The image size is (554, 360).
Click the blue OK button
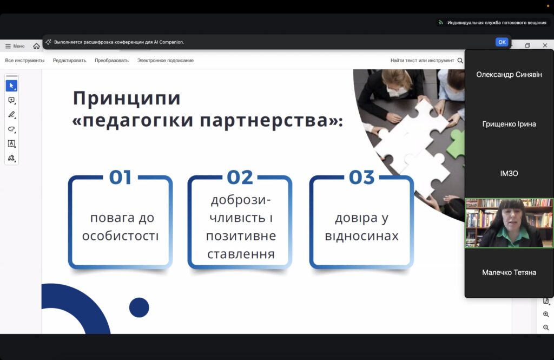pyautogui.click(x=502, y=42)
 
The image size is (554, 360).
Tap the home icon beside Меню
pyautogui.click(x=36, y=46)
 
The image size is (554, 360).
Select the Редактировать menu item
pyautogui.click(x=70, y=61)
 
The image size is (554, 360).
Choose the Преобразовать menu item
pyautogui.click(x=111, y=61)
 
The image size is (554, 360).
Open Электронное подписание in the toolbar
pyautogui.click(x=166, y=61)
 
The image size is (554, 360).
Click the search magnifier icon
pyautogui.click(x=460, y=61)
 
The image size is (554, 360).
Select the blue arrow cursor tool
pyautogui.click(x=12, y=86)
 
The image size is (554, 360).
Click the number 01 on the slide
pyautogui.click(x=121, y=177)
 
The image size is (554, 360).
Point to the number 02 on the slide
pyautogui.click(x=240, y=177)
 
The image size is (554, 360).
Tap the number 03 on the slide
pyautogui.click(x=361, y=177)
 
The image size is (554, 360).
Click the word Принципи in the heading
pyautogui.click(x=127, y=99)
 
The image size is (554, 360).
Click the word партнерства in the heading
pyautogui.click(x=264, y=120)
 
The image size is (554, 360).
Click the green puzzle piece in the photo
pyautogui.click(x=456, y=143)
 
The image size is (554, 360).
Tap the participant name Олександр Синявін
pyautogui.click(x=509, y=75)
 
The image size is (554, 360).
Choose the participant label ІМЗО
pyautogui.click(x=509, y=173)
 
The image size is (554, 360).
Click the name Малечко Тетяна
pyautogui.click(x=509, y=272)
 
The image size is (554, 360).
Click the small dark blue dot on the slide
pyautogui.click(x=139, y=307)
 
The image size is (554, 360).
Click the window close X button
pyautogui.click(x=545, y=45)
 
